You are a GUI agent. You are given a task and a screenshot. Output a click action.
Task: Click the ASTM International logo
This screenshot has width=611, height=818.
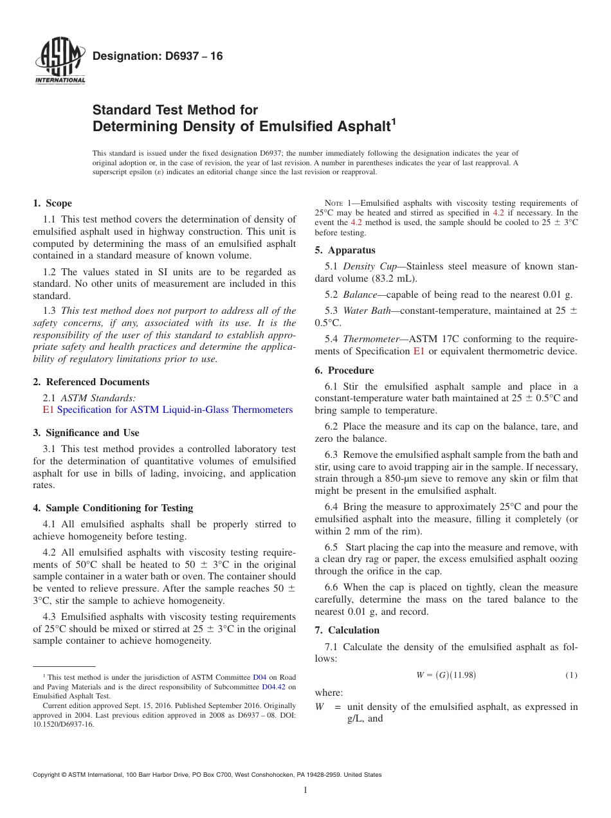coord(60,62)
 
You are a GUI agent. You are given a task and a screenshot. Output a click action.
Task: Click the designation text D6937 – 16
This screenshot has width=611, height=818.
coord(158,57)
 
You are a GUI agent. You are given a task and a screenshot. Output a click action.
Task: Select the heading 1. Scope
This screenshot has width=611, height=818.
coord(52,204)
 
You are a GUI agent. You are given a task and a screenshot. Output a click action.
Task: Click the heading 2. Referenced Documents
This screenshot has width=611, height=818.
coord(91,382)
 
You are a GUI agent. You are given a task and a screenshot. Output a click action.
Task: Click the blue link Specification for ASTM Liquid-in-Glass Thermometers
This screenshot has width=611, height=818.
coord(174,410)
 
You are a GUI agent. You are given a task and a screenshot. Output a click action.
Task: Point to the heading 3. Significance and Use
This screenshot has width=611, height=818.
coord(86,433)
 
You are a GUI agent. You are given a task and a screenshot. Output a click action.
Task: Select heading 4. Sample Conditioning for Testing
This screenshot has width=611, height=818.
coord(113,508)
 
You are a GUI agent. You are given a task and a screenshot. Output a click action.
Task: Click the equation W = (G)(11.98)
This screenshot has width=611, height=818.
coord(446,675)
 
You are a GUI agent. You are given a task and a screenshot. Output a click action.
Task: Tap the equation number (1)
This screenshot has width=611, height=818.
coord(571,675)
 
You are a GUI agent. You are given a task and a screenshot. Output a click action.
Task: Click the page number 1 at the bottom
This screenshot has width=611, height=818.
coord(305,790)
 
